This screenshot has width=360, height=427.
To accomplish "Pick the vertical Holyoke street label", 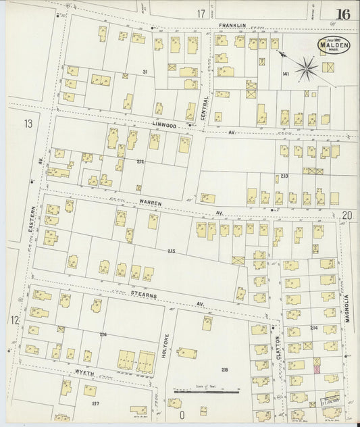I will [163, 345].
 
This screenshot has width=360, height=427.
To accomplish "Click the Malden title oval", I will [334, 46].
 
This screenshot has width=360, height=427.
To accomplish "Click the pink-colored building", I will [317, 368].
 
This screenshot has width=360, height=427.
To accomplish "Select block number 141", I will [286, 74].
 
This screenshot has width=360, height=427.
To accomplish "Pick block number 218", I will [225, 370].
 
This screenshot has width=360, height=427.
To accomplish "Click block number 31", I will [145, 72].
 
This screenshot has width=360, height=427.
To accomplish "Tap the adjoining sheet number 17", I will [201, 14].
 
